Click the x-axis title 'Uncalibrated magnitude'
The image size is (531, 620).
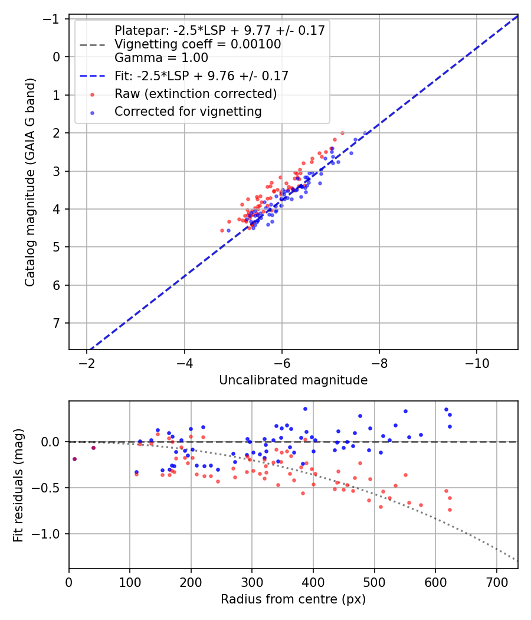(293, 380)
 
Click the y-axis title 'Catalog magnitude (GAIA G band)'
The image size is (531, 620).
(30, 182)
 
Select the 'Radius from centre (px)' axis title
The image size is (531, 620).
(293, 599)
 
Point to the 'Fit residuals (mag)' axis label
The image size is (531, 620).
(18, 484)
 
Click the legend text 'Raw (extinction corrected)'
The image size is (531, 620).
(195, 94)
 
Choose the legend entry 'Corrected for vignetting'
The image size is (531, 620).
(188, 112)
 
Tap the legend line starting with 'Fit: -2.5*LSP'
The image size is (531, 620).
(201, 76)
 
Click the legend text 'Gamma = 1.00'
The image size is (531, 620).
(161, 58)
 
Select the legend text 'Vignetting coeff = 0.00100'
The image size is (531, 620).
(197, 44)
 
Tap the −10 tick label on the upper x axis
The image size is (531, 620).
(477, 363)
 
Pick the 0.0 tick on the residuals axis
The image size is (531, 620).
(52, 442)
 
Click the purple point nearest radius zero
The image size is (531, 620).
(74, 459)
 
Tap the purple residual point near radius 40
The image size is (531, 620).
(93, 448)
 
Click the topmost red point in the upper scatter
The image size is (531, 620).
(342, 133)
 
